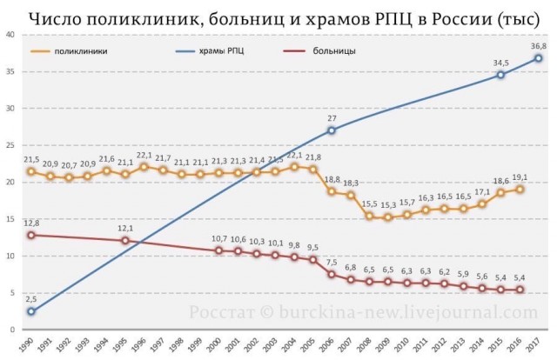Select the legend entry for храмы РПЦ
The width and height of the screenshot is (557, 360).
224,51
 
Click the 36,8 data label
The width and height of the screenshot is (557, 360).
538,46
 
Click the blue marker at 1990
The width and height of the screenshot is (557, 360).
31,311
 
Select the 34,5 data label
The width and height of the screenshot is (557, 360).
500,63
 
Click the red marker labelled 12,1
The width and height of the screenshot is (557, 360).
125,241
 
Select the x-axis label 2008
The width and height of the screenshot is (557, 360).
369,344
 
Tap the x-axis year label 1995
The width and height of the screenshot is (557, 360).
124,344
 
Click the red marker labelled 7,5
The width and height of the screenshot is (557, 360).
331,275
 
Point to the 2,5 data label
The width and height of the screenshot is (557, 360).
31,298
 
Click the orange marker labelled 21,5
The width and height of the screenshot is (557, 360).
31,171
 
